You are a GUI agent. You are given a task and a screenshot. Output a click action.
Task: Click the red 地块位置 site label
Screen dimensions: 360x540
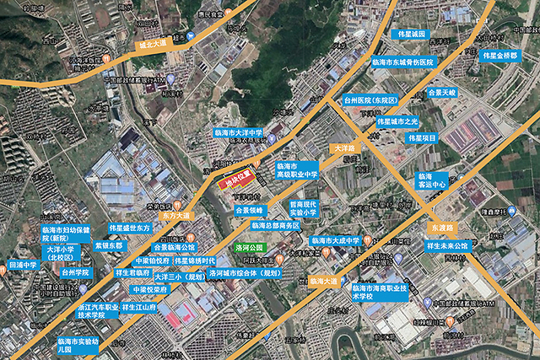239,179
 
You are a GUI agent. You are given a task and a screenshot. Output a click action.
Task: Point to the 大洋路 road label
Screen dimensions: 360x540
347,148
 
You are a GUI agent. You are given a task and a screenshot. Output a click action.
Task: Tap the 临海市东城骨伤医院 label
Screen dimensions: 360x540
402,62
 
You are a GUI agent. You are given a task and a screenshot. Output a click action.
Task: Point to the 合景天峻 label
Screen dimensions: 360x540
441,92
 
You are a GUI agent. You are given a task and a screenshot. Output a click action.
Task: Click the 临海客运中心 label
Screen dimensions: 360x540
429,181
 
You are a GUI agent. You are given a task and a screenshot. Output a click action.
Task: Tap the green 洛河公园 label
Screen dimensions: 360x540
250,248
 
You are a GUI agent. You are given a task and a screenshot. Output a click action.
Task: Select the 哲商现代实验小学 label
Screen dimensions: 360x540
303,208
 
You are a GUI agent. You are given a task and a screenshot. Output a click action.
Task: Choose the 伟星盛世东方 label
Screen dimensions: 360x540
130,228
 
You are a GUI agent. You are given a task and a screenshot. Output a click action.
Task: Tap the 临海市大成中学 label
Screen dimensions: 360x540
336,240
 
